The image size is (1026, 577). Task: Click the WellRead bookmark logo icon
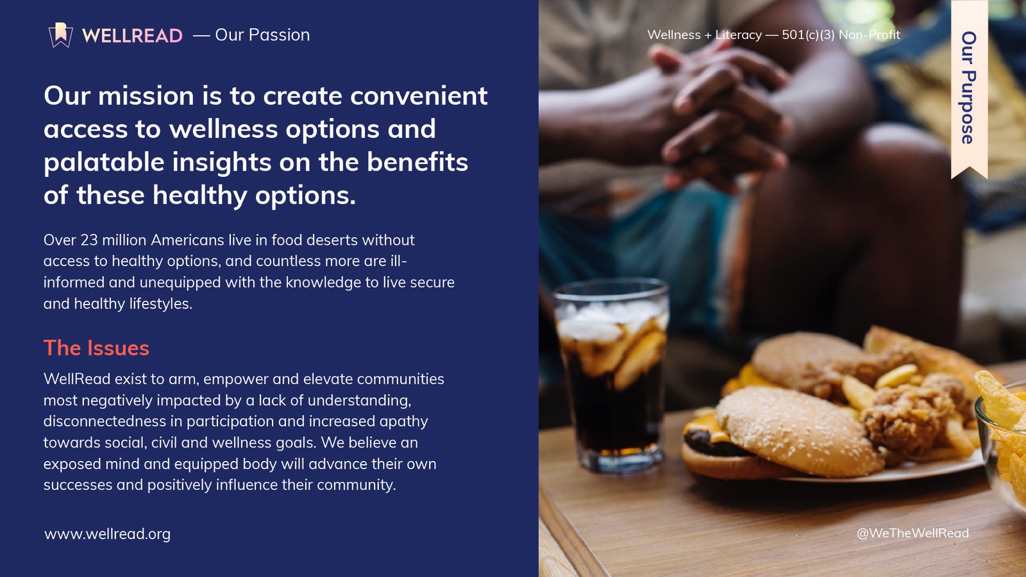[61, 35]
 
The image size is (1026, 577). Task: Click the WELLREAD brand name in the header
[132, 35]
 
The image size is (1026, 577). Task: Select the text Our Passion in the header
[262, 35]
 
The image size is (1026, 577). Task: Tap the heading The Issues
[96, 348]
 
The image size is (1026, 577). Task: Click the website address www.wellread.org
[107, 534]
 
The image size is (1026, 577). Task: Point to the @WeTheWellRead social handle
[912, 533]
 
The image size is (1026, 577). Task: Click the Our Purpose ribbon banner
[969, 89]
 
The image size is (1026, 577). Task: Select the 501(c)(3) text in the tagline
[808, 35]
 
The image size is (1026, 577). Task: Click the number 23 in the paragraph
[89, 240]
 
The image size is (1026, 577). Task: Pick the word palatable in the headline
[104, 162]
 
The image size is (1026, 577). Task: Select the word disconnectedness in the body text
[105, 421]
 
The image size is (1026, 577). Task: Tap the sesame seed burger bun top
[799, 429]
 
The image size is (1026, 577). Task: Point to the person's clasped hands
[724, 110]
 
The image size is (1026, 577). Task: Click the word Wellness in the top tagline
[674, 35]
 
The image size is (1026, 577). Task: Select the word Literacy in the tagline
[738, 35]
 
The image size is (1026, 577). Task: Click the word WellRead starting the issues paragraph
[77, 379]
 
